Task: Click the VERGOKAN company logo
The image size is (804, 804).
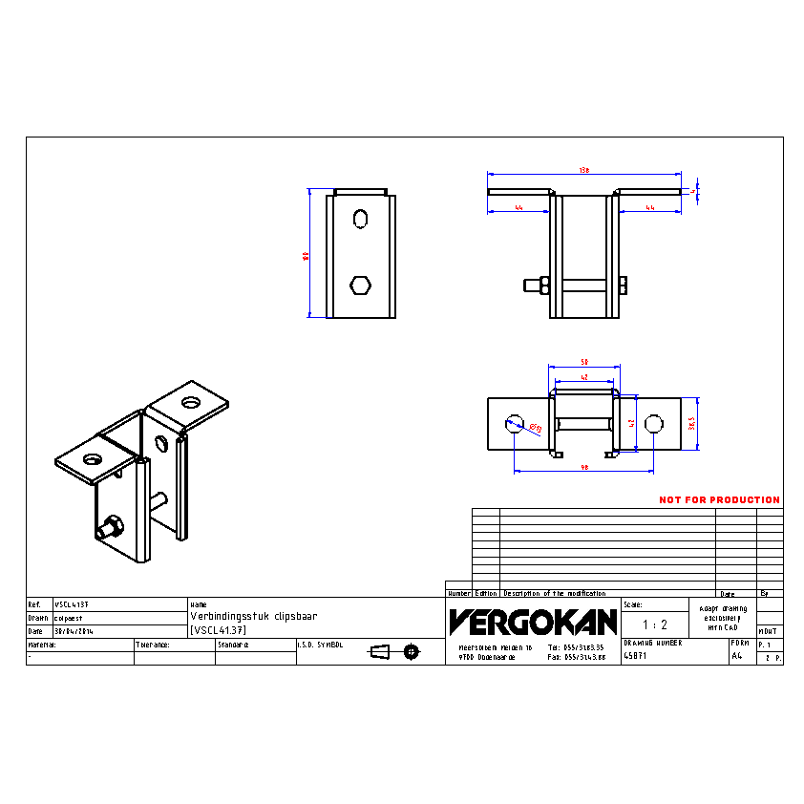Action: [x=534, y=623]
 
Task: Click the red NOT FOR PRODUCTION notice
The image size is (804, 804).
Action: [x=719, y=500]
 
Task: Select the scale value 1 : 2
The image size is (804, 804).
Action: [x=655, y=624]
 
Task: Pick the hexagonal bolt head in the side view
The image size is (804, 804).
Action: [x=360, y=285]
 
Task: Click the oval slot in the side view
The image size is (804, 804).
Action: [x=360, y=219]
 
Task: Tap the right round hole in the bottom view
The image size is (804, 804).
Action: [x=653, y=423]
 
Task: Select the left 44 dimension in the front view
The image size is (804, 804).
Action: [x=518, y=206]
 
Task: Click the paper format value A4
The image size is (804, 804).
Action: [x=736, y=657]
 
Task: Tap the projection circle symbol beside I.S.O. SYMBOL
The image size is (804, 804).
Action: [x=412, y=652]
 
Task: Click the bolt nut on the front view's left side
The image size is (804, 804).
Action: [x=539, y=285]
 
